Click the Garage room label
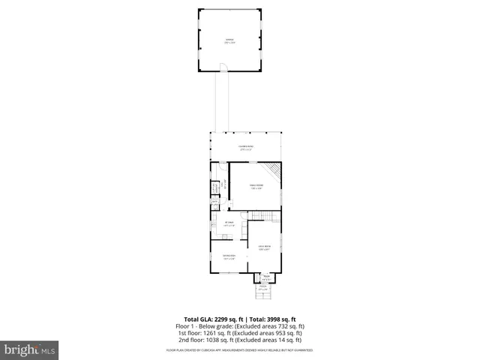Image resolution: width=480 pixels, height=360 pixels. [229, 42]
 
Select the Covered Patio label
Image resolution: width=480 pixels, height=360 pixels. [246, 148]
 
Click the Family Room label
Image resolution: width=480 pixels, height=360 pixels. [256, 186]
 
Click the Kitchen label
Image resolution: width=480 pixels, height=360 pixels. [230, 223]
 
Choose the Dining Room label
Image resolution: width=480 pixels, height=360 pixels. [229, 257]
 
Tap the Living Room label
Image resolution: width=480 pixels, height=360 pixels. [264, 248]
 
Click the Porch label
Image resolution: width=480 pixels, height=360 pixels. [263, 287]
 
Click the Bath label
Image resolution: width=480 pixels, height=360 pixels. [214, 202]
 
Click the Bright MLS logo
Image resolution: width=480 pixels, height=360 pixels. [29, 349]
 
